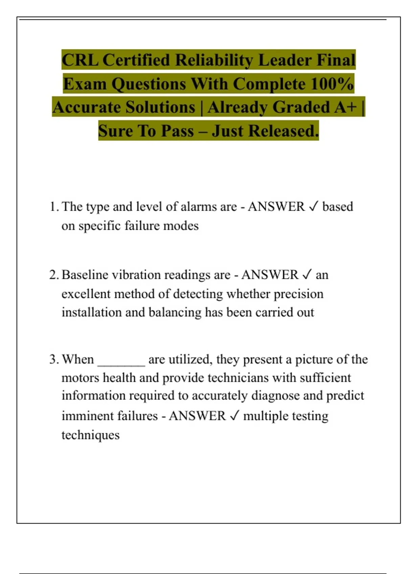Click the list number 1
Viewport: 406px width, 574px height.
pos(54,207)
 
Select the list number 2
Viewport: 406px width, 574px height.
pos(54,275)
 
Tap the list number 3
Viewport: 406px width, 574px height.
pos(54,359)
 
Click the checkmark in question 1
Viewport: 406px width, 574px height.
pos(314,207)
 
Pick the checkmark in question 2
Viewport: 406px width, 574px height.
pos(307,275)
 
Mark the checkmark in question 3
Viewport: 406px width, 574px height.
pos(234,416)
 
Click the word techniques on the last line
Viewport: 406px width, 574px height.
pos(90,435)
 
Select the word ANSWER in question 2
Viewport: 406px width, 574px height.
pos(270,275)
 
